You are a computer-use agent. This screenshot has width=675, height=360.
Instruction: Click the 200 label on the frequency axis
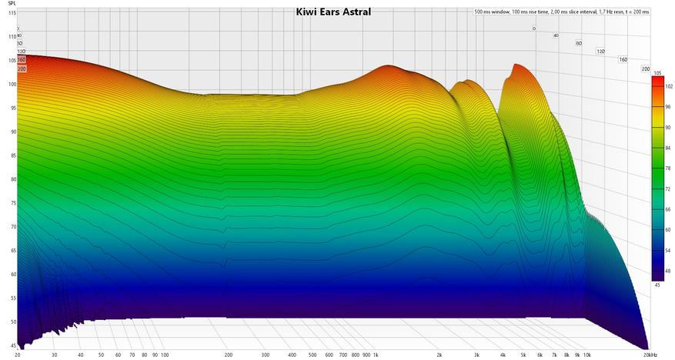click(x=229, y=355)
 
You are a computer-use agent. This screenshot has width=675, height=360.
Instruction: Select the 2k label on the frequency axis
click(x=439, y=355)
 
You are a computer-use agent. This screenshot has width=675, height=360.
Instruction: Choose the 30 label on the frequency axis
click(x=54, y=355)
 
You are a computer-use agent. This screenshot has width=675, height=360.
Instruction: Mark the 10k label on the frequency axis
click(x=587, y=355)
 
